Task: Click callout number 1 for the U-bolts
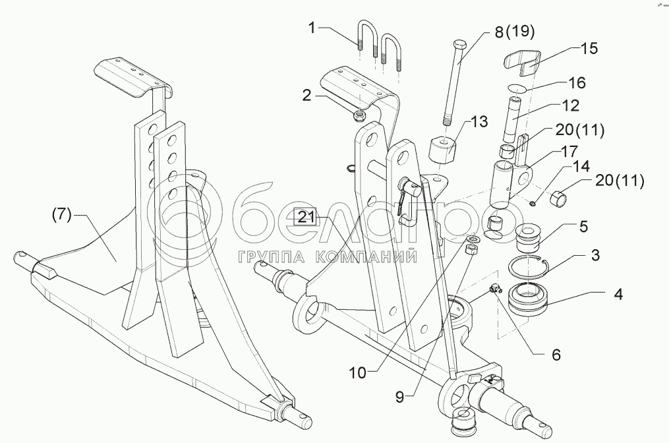pyautogui.click(x=314, y=28)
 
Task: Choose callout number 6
pyautogui.click(x=556, y=355)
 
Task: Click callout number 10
pyautogui.click(x=358, y=373)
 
